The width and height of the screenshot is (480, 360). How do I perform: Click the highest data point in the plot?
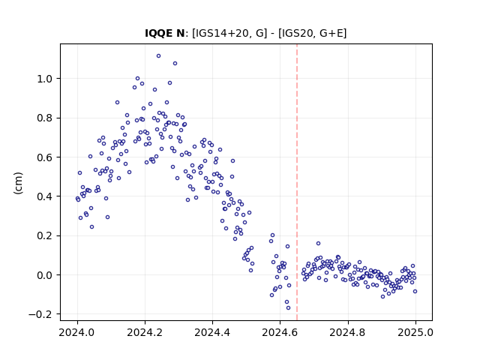click(x=158, y=55)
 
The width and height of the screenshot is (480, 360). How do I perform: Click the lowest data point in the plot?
click(x=288, y=307)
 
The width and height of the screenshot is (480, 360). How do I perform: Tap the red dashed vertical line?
click(x=297, y=182)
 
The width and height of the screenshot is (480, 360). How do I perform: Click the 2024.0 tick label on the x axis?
click(x=77, y=332)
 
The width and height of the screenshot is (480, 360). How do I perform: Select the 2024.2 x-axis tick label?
click(x=145, y=332)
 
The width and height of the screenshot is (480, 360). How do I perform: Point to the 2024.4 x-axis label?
click(x=212, y=332)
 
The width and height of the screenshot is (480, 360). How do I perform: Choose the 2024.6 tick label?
click(x=280, y=332)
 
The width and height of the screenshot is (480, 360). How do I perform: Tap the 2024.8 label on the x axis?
click(x=347, y=332)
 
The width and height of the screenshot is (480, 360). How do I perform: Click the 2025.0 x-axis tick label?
click(x=415, y=332)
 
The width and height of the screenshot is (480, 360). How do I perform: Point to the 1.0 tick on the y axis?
click(x=44, y=79)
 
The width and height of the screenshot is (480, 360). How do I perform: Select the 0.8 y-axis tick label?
click(x=44, y=118)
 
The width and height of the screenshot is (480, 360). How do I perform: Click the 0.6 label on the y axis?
click(x=44, y=157)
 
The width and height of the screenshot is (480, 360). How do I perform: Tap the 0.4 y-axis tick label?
click(x=44, y=196)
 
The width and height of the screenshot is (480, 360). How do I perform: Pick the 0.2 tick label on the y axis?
click(x=44, y=235)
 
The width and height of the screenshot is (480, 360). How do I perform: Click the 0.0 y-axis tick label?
click(x=44, y=275)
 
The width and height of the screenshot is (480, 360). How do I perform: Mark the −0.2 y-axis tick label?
click(x=40, y=314)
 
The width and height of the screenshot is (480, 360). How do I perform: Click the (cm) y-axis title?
click(x=18, y=183)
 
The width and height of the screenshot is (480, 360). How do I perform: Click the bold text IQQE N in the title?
click(x=164, y=33)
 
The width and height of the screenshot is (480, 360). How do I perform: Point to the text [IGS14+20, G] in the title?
click(x=229, y=33)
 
